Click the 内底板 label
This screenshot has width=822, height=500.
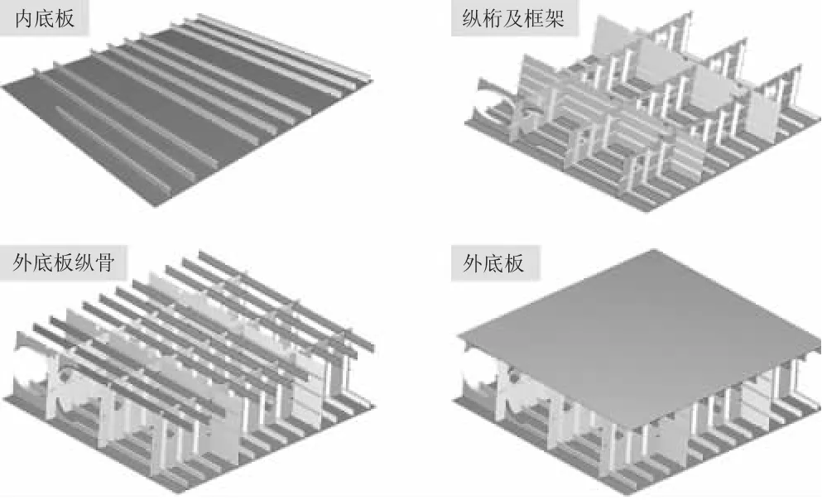pyautogui.click(x=45, y=18)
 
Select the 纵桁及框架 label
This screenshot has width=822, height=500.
pyautogui.click(x=514, y=18)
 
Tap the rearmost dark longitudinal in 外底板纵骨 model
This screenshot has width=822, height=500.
pyautogui.click(x=273, y=281)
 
